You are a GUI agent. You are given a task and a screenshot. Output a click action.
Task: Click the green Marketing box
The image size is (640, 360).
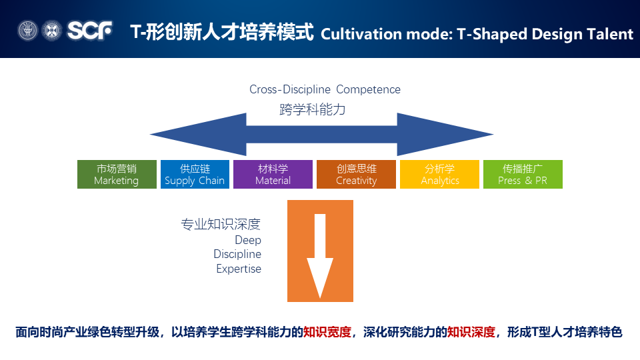(x=117, y=174)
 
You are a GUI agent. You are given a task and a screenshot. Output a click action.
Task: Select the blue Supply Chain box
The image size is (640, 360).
(x=195, y=174)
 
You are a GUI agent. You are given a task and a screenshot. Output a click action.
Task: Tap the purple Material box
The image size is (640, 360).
(x=273, y=174)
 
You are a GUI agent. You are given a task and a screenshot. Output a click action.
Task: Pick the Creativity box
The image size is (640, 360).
(x=356, y=174)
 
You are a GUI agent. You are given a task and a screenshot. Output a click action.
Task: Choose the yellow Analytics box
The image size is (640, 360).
(x=440, y=174)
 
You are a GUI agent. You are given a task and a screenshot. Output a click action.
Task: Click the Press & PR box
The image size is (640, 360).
(x=523, y=174)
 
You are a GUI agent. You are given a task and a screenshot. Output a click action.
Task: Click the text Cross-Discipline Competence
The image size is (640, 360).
(x=325, y=89)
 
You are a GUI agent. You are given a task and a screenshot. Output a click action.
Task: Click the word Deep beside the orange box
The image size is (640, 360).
(x=248, y=240)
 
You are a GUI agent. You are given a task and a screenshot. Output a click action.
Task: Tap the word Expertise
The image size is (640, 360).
(x=239, y=269)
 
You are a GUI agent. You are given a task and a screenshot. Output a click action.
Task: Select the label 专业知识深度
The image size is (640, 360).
(x=221, y=224)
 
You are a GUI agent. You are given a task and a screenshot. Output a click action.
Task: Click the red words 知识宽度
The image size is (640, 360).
(x=327, y=332)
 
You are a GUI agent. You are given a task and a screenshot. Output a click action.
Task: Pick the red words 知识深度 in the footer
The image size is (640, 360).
(x=471, y=332)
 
